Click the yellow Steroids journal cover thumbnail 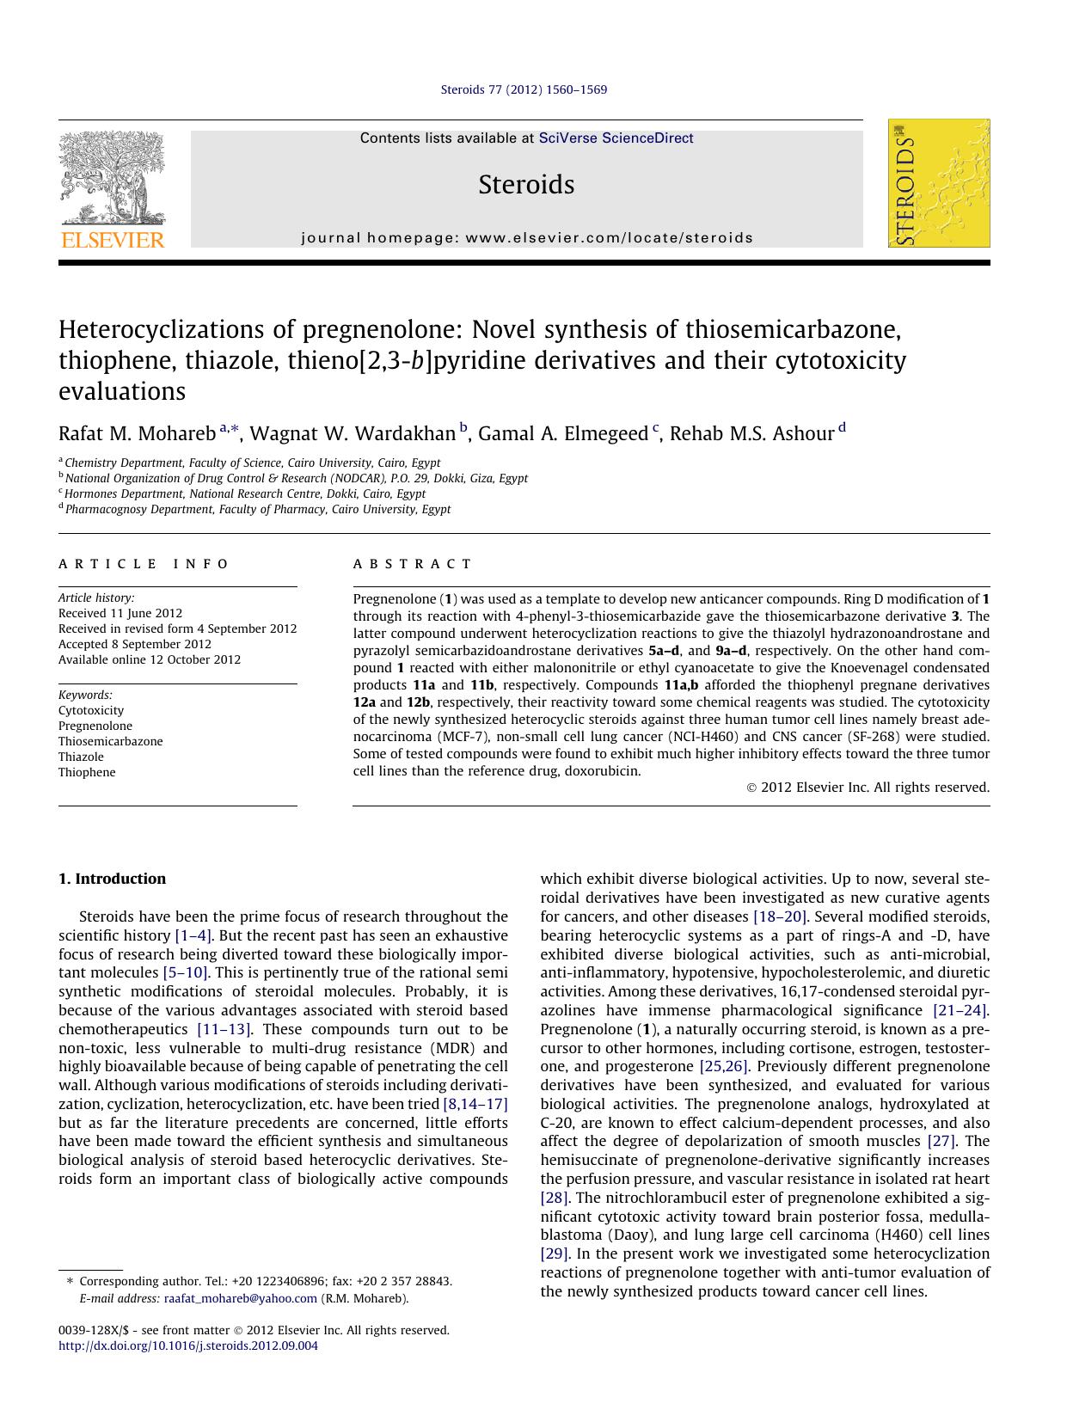938,183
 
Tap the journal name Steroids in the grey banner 526,185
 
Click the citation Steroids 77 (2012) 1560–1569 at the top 524,89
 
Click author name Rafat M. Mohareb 137,433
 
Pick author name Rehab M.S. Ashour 751,433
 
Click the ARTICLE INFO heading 144,564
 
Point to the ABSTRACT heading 412,564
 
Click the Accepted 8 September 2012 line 134,644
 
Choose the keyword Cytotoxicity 91,710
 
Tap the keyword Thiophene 87,772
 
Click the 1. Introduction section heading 112,879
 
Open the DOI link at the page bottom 187,1345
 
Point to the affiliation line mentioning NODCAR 296,478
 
